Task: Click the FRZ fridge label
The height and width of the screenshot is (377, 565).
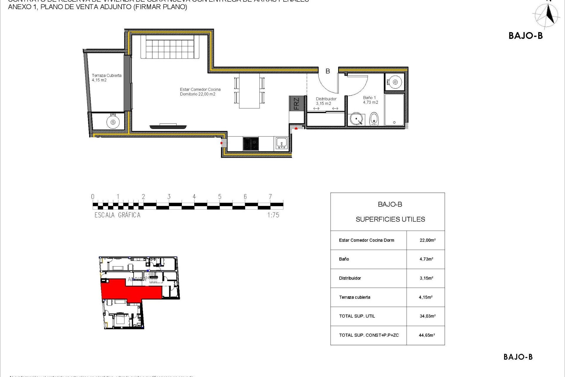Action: (296, 103)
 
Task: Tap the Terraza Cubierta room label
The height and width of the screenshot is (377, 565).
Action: (106, 78)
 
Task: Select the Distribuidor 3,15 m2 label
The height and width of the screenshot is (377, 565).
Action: (326, 101)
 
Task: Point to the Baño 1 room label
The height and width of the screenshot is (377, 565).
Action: (370, 100)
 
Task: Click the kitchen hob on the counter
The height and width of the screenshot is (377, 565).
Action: (251, 144)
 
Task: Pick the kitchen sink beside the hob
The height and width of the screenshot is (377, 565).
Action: (282, 143)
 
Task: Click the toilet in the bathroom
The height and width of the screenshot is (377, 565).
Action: (374, 119)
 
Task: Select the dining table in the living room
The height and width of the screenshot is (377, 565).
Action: (249, 91)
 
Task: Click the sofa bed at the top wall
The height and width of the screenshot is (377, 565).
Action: (170, 47)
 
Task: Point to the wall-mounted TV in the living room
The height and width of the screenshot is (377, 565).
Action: (168, 127)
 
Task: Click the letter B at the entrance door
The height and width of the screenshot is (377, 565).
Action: (328, 71)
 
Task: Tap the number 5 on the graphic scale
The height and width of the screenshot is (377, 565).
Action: (220, 197)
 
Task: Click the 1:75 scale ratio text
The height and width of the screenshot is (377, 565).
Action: (273, 215)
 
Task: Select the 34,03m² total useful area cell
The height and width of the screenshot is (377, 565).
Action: (427, 316)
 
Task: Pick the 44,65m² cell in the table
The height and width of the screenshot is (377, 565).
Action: (427, 335)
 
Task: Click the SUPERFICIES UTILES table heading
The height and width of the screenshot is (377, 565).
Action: (390, 219)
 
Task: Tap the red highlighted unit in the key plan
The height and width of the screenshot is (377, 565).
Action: (132, 290)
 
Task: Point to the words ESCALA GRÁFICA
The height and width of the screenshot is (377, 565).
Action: (117, 215)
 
